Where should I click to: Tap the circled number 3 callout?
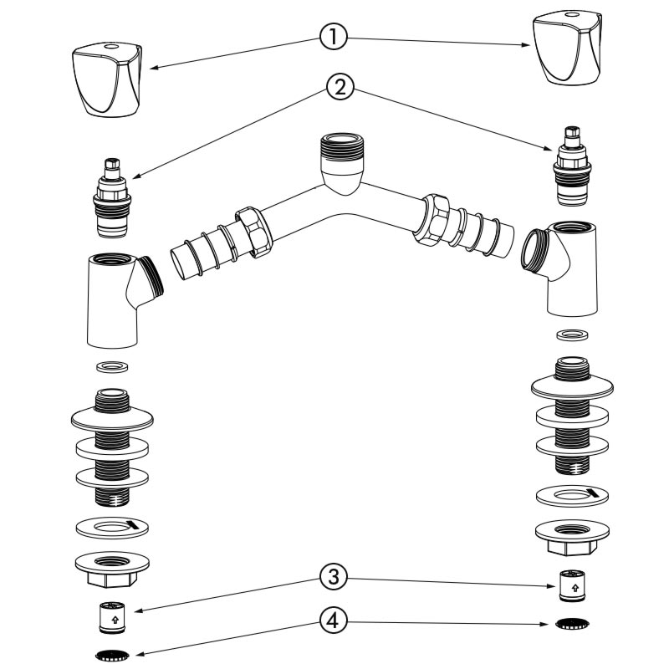point(332,576)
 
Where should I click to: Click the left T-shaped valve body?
point(117,301)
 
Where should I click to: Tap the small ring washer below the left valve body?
point(111,366)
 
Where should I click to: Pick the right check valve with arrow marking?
point(572,585)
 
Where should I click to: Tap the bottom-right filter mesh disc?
point(572,623)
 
